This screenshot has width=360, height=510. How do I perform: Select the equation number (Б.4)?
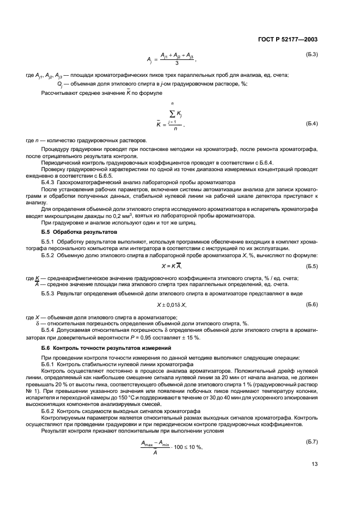311,125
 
